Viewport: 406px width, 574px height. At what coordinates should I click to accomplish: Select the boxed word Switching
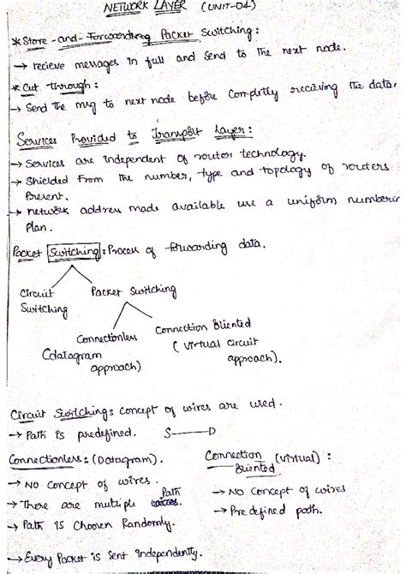pyautogui.click(x=74, y=253)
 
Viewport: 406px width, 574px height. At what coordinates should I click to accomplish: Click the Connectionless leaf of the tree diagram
pyautogui.click(x=107, y=338)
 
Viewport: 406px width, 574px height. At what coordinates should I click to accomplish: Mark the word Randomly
pyautogui.click(x=145, y=522)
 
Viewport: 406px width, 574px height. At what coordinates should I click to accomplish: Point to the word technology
pyautogui.click(x=269, y=153)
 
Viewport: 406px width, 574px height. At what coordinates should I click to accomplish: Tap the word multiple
pyautogui.click(x=106, y=503)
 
